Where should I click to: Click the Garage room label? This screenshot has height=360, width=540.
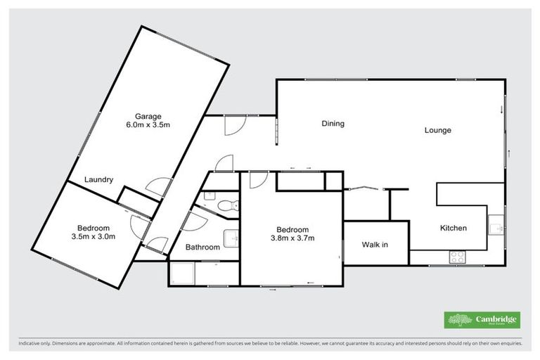coord(148,116)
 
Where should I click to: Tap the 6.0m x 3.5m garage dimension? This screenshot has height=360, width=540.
coord(148,124)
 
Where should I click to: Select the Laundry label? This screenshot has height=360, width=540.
coord(98,179)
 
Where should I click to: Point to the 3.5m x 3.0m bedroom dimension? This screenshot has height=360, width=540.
coord(93,236)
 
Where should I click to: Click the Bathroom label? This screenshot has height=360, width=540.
coord(202,247)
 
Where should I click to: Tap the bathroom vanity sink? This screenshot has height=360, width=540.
coord(231,238)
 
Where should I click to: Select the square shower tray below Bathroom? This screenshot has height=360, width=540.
coord(181,273)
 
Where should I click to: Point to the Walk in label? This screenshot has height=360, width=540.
coord(375,245)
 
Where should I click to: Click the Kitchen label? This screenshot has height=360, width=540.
coord(453,228)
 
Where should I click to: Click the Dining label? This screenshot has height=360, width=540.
coord(333,124)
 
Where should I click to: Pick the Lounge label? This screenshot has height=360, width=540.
coord(437,130)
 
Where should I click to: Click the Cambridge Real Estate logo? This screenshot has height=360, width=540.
coord(482,319)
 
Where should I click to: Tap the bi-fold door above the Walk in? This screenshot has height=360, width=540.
coord(365,188)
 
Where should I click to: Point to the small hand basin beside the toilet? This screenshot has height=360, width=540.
coord(209,199)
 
